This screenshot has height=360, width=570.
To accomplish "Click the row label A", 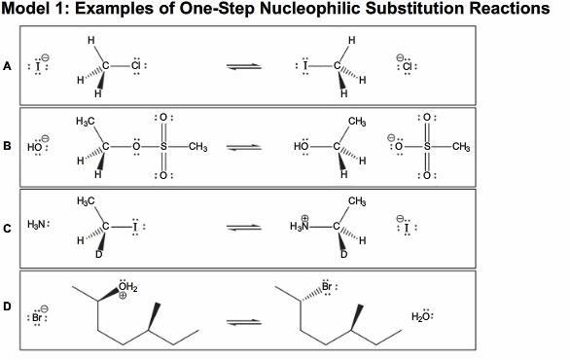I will pos(8,66).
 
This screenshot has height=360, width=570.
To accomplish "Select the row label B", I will pos(8,147).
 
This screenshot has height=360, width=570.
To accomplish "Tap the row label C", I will pos(8,228).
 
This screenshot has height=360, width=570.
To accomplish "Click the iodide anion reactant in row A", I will pos(40,67).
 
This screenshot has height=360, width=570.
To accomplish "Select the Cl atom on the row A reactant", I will pos(137,66).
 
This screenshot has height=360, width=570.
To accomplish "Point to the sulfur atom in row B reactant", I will pos(163,147).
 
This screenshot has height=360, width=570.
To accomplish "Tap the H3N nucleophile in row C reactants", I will pos(39,228).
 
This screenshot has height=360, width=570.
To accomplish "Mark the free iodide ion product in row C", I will pos(408,228).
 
